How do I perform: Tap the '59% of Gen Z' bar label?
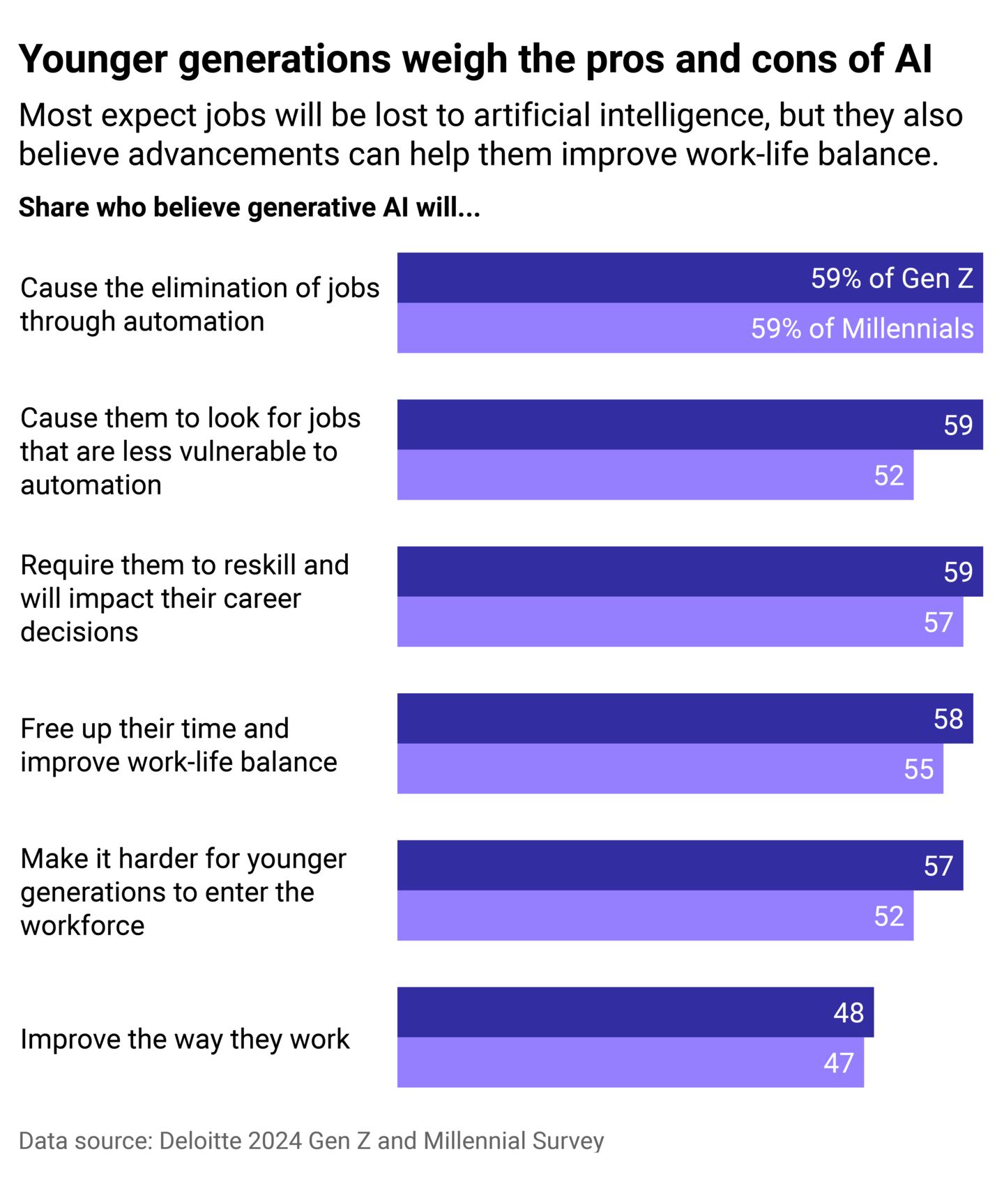point(892,278)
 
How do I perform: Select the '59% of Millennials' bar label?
point(862,328)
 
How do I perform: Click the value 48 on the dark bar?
point(849,1012)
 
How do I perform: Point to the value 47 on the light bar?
point(838,1063)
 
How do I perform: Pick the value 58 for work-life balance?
point(948,719)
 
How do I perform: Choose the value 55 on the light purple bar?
point(918,769)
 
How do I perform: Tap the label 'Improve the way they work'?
point(185,1039)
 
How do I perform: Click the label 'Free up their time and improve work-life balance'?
point(178,745)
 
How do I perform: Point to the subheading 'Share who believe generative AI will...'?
point(249,208)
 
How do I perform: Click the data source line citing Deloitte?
point(311,1141)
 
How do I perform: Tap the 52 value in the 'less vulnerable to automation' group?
point(888,476)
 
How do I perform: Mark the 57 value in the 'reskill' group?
point(938,622)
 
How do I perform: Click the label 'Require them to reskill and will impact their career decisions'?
point(184,598)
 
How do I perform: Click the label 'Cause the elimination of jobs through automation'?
point(199,304)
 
